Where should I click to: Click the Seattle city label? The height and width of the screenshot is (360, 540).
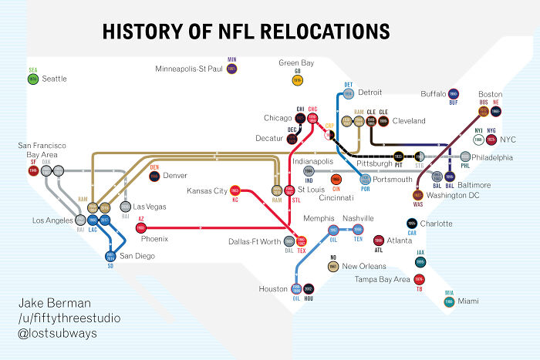(x=54, y=79)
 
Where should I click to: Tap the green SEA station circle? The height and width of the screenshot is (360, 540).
(x=33, y=79)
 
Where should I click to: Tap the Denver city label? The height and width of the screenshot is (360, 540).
(x=175, y=176)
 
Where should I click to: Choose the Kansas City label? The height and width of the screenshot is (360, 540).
(x=207, y=190)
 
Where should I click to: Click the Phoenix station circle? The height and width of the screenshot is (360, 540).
(x=141, y=228)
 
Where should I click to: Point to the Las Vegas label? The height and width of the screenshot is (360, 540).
(x=150, y=207)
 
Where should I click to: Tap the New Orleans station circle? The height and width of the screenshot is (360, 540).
(x=333, y=266)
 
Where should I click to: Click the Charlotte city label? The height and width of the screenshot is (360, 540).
(x=437, y=224)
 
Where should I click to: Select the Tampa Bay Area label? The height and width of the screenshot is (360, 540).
(x=382, y=279)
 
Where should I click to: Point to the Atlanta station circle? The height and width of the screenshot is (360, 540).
(x=379, y=241)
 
